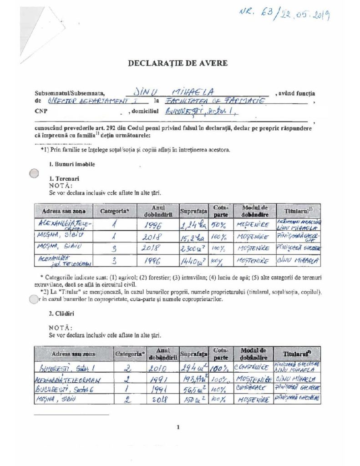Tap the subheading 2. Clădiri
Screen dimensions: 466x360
[x=62, y=314]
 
